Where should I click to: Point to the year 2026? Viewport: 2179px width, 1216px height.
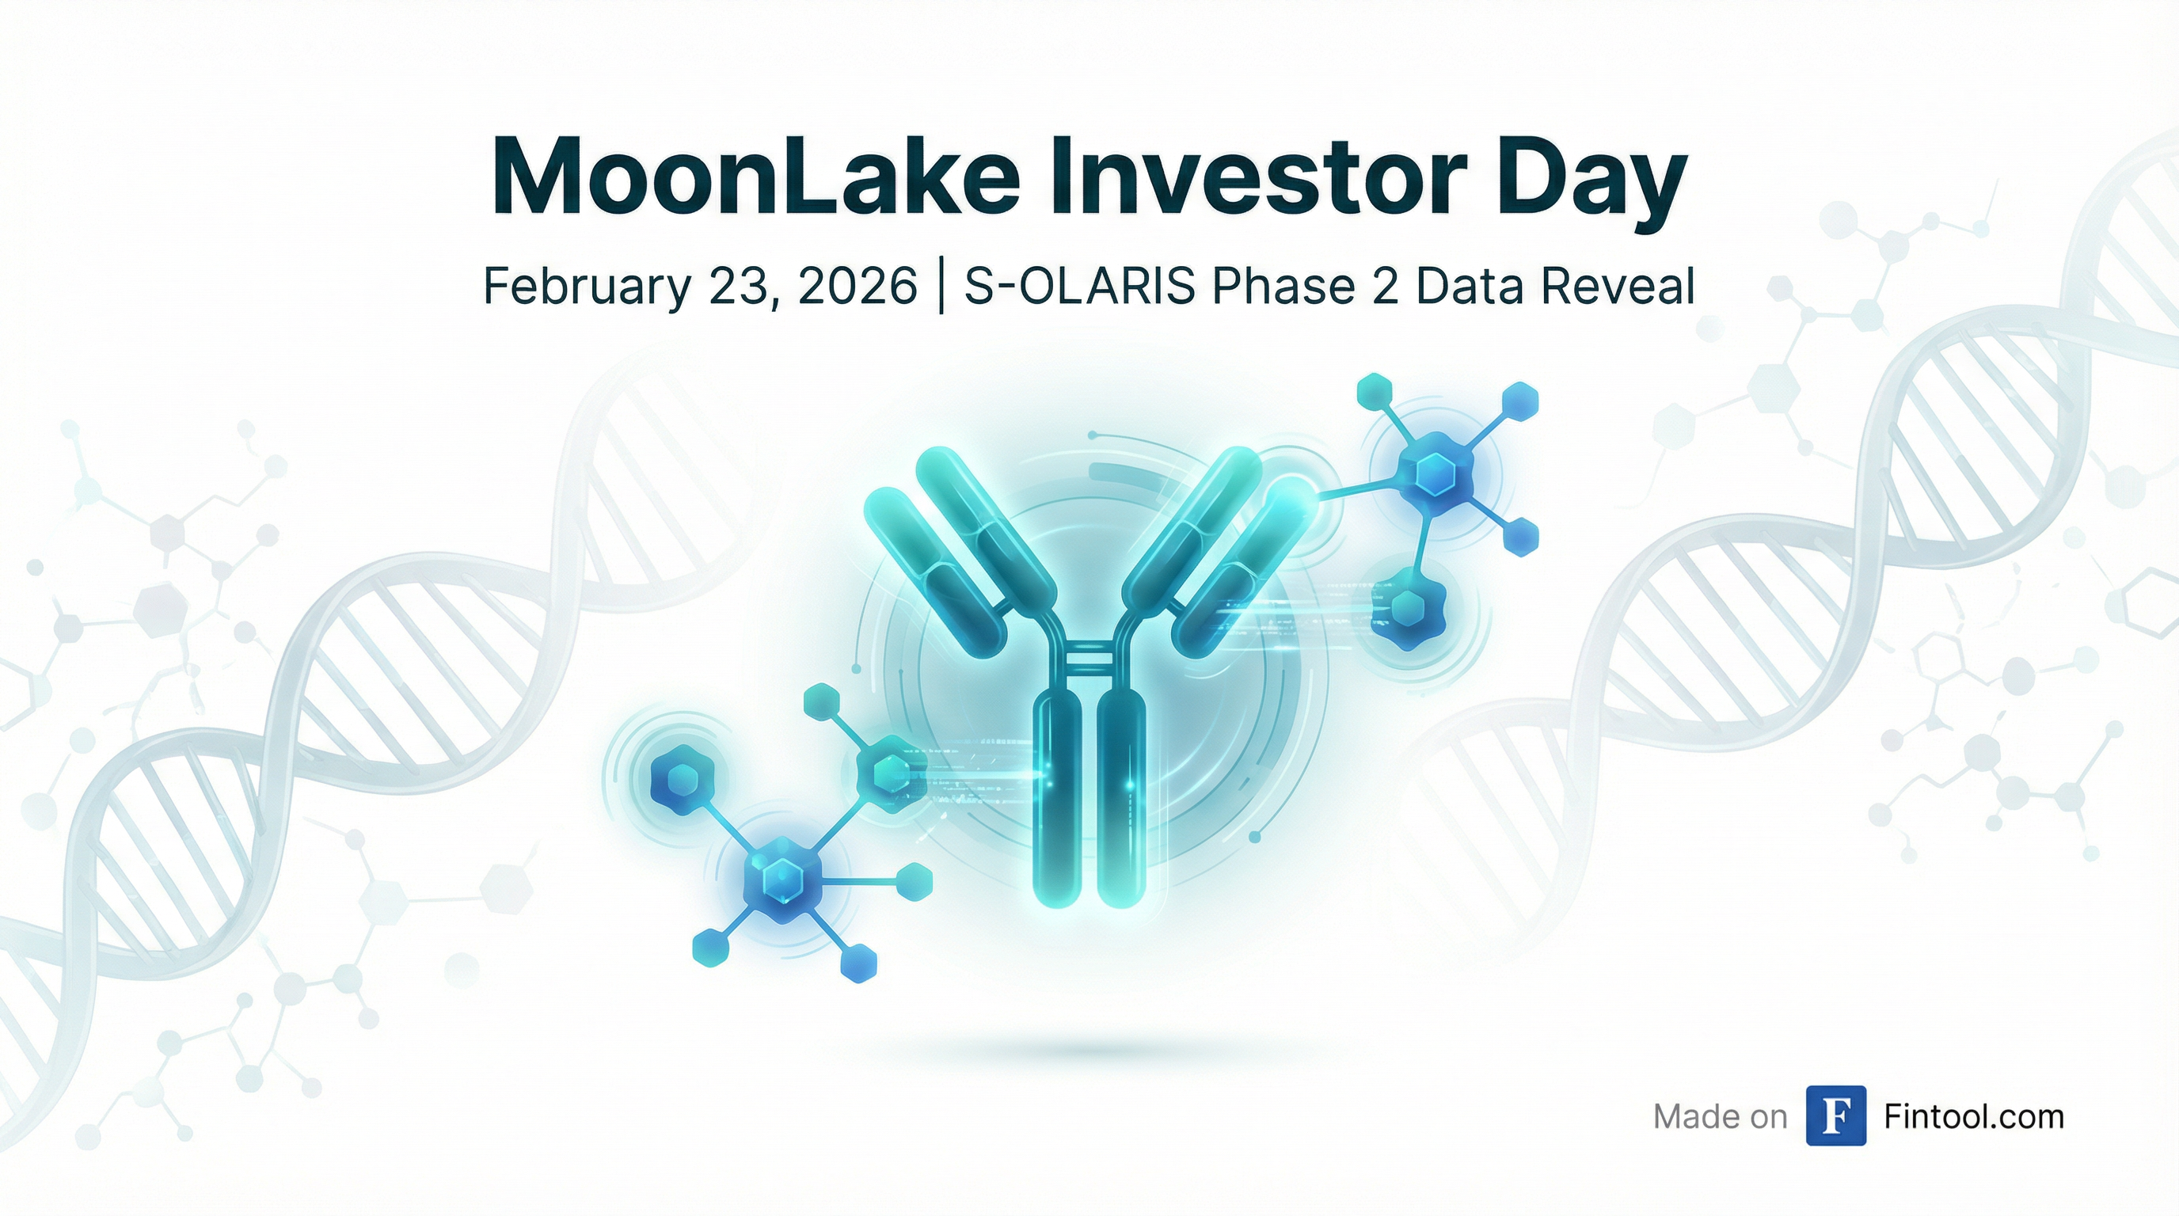pos(857,286)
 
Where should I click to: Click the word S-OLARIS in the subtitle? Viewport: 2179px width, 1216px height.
pos(1079,286)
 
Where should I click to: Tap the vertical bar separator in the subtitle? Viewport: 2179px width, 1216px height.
pos(941,287)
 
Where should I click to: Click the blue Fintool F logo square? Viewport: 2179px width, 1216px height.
pos(1835,1115)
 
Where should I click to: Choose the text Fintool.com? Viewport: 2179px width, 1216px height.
pos(1973,1116)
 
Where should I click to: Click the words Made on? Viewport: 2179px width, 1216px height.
pos(1720,1117)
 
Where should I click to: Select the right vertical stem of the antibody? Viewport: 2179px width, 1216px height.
pos(1122,799)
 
